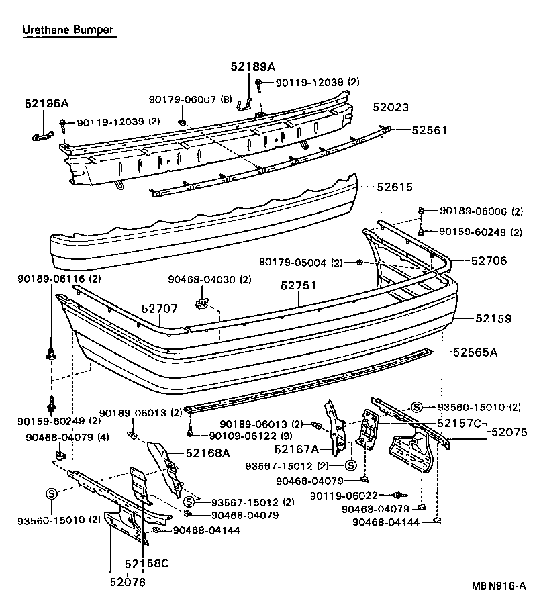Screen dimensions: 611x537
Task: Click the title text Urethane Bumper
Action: point(68,30)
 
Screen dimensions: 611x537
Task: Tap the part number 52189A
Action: point(252,66)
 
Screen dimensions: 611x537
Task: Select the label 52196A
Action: point(46,103)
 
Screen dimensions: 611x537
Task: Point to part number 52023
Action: point(391,107)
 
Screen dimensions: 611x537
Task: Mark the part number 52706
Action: point(489,261)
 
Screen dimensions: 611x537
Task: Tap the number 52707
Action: point(159,310)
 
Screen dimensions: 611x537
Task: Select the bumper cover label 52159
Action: point(494,319)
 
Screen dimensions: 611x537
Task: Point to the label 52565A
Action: point(475,352)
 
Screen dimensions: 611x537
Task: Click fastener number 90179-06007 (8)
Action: point(190,100)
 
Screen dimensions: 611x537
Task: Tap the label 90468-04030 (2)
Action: point(209,279)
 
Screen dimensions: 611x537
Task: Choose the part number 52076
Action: point(128,582)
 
